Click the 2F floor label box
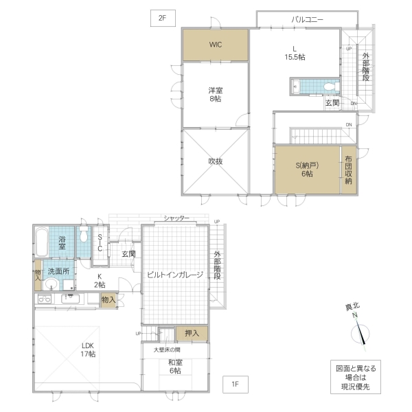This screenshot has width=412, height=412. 163,19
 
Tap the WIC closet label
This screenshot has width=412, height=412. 216,45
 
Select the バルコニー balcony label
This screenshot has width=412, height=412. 307,19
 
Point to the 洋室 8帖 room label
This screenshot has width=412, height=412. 216,95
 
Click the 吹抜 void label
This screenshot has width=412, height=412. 216,161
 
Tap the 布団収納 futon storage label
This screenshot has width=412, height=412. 349,169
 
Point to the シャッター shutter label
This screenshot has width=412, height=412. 176,218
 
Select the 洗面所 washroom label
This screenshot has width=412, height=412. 58,271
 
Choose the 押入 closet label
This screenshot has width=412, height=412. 192,334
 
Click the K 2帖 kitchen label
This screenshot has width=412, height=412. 100,280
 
